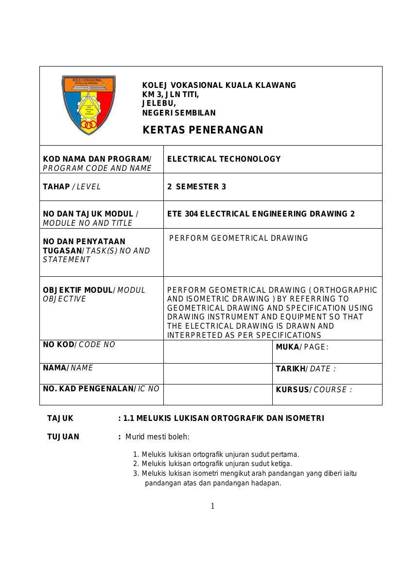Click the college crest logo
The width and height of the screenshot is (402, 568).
pos(88,105)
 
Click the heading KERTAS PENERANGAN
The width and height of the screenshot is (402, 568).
pos(203,130)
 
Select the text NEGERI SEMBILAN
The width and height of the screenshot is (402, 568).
pos(178,113)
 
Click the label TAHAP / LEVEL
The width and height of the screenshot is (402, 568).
pos(72,186)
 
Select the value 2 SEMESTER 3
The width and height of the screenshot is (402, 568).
pos(196,186)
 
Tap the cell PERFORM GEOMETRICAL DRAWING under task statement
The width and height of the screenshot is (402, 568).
pos(239,238)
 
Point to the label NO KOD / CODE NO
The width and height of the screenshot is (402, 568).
pos(79,345)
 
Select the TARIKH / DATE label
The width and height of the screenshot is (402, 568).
pos(305,369)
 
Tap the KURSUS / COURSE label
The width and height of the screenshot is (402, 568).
pos(314,390)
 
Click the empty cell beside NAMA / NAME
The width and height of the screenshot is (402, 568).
pos(217,374)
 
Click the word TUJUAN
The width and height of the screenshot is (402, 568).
pos(63,436)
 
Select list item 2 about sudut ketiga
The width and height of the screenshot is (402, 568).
pos(216,464)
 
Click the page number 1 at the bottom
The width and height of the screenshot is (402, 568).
pos(212,506)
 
